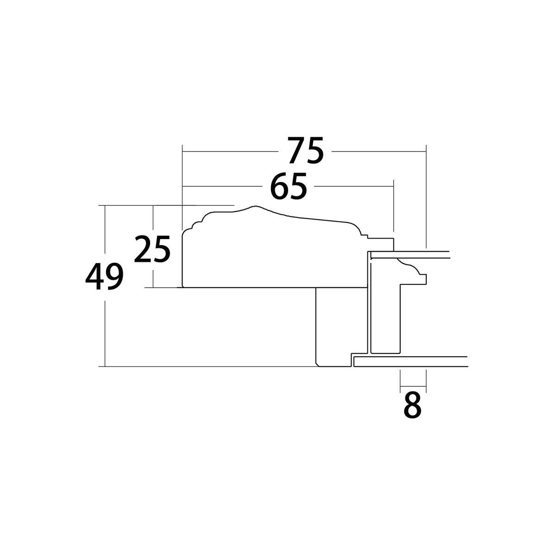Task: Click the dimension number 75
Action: pos(305,150)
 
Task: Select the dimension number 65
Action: pos(288,186)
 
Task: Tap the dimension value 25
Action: pos(152,249)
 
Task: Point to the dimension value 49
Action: pos(104,277)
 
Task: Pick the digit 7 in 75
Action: pos(297,150)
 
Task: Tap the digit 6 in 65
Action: pos(279,186)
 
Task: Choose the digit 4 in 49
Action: pos(95,277)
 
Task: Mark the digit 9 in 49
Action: pos(114,277)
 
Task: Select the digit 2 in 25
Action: pos(143,249)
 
